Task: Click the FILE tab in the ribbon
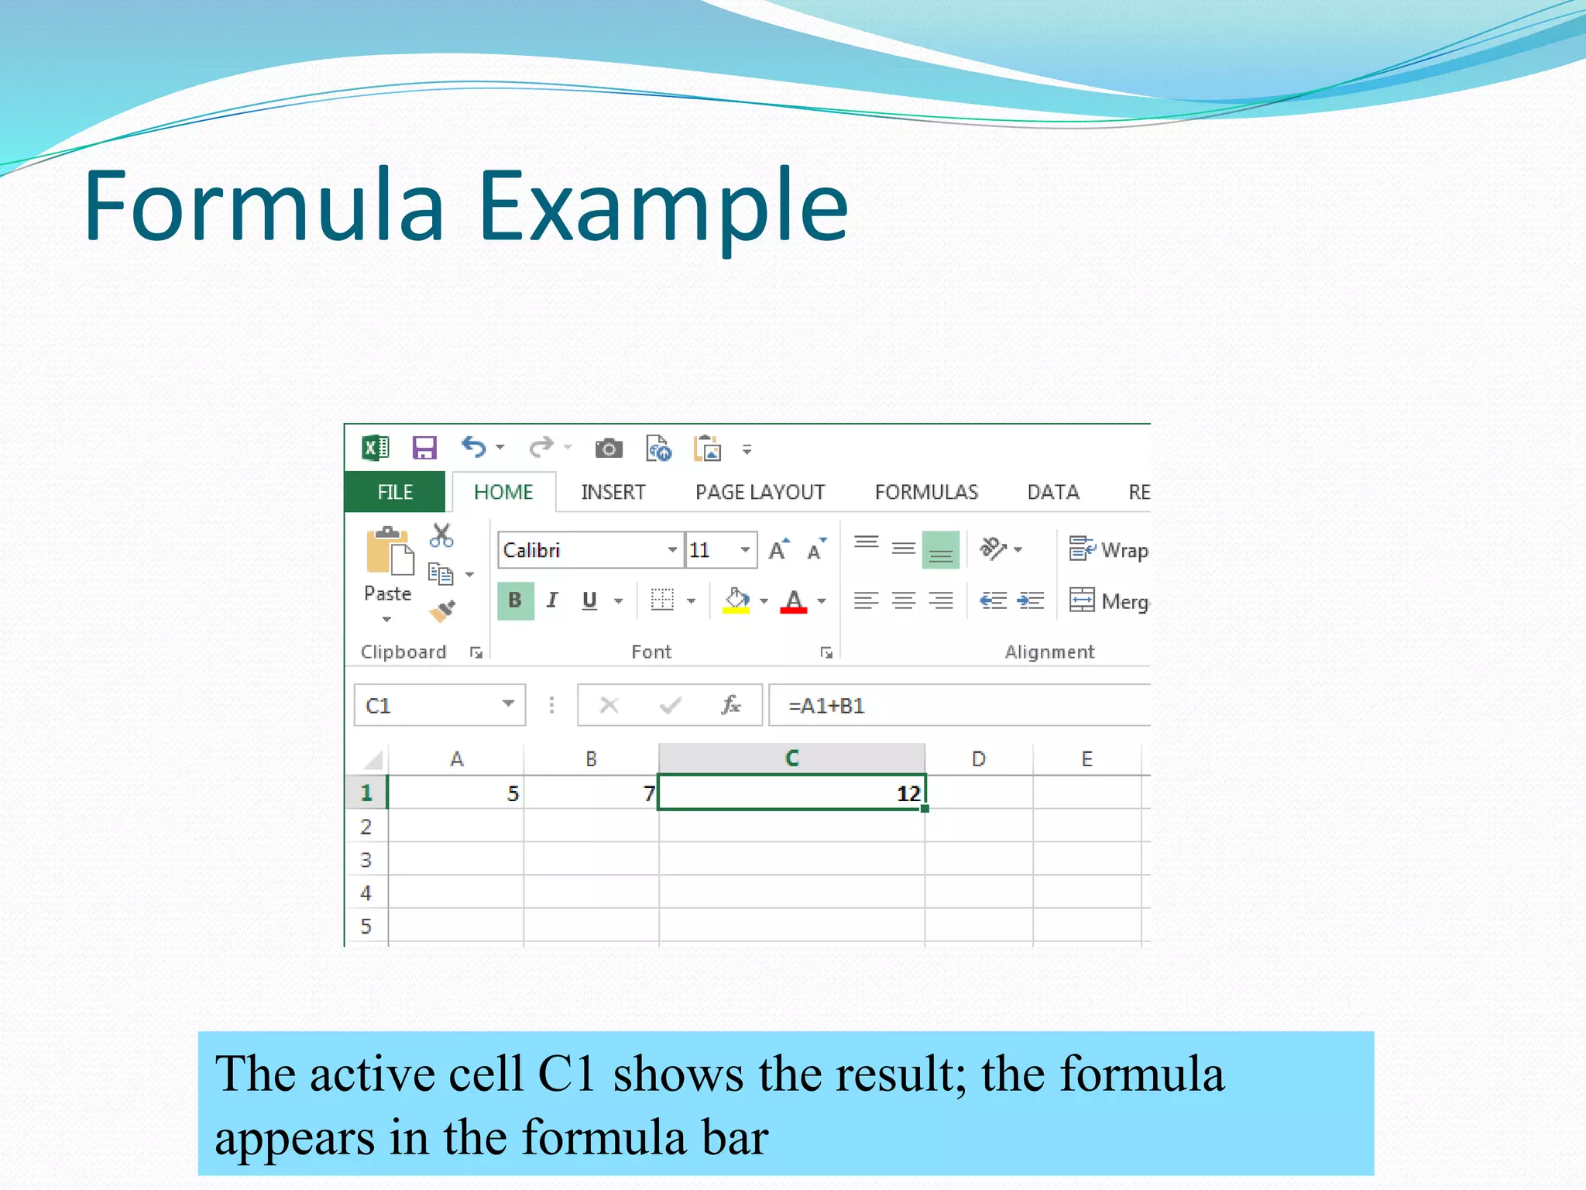click(395, 492)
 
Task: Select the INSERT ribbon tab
click(613, 492)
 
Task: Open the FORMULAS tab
click(926, 492)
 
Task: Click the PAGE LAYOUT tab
click(760, 492)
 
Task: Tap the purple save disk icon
click(424, 448)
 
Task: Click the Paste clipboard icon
click(390, 552)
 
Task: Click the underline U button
click(589, 600)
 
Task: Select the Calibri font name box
click(581, 550)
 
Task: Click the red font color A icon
click(794, 600)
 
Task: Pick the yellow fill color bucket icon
click(736, 600)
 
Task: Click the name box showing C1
click(430, 706)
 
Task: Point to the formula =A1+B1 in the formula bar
click(826, 706)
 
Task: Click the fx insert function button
click(730, 705)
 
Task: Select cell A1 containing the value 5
click(456, 793)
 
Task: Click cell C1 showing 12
click(791, 793)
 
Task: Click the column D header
click(978, 759)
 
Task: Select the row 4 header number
click(366, 893)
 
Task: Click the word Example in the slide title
click(663, 206)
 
